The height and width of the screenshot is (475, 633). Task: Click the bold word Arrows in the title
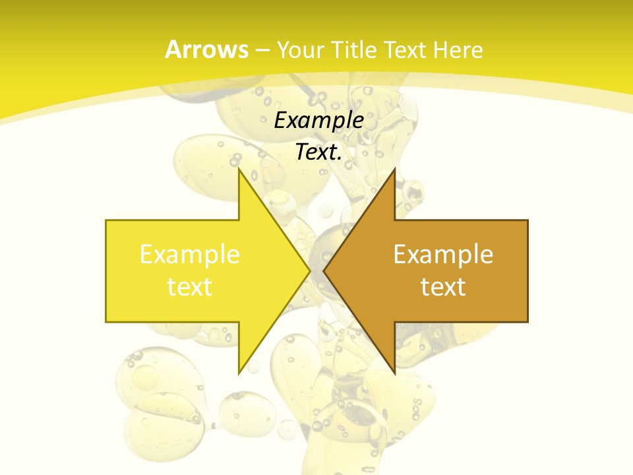click(x=206, y=49)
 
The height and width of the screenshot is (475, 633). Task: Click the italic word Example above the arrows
click(x=319, y=121)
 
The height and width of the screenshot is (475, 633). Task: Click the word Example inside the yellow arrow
click(x=190, y=255)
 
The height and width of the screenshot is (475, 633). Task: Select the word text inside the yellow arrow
click(x=190, y=287)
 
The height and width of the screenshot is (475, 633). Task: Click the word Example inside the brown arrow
click(x=443, y=255)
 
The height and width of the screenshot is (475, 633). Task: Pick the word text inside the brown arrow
click(x=443, y=287)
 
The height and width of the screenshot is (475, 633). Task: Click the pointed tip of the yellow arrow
click(x=310, y=270)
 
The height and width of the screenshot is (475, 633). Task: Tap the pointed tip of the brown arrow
click(x=324, y=270)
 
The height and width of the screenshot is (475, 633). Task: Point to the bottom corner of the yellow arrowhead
click(x=239, y=373)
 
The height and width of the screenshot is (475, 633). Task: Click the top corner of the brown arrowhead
click(x=394, y=169)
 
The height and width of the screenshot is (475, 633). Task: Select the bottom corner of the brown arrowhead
click(x=394, y=373)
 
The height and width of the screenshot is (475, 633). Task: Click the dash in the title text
click(x=262, y=51)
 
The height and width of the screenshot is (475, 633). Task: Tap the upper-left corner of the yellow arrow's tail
click(x=106, y=220)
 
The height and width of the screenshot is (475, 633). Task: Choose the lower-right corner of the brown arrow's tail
click(x=527, y=322)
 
